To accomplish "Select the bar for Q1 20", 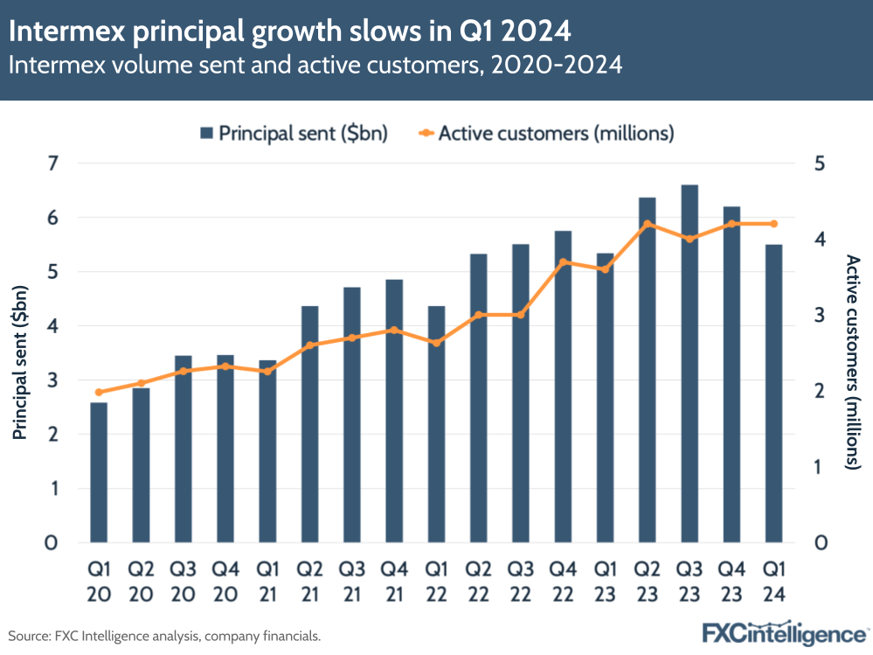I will tap(99, 472).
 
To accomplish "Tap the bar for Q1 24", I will tap(773, 394).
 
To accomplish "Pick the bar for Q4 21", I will tap(394, 411).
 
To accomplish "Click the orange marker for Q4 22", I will tap(564, 262).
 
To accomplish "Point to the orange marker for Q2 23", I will tap(648, 224).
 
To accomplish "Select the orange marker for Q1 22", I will tap(437, 343).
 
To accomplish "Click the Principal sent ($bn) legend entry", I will tap(294, 133).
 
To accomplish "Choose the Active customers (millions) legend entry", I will tap(546, 133).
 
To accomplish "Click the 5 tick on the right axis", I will tap(821, 164).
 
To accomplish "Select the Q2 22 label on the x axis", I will tap(479, 582).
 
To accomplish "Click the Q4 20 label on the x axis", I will tap(225, 582).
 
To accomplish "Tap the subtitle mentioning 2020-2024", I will tap(315, 66).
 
